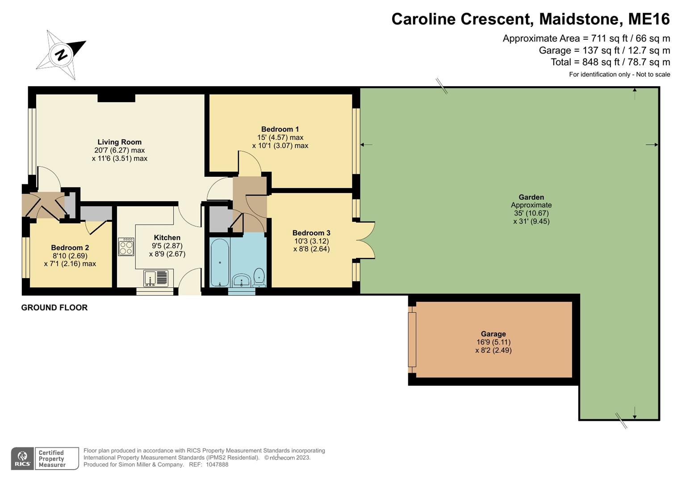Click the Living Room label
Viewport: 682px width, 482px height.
[119, 142]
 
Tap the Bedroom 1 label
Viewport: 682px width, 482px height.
[280, 129]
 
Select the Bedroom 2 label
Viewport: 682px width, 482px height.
[70, 248]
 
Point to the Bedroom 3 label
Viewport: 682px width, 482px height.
[311, 233]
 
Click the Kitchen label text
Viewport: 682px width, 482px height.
[167, 237]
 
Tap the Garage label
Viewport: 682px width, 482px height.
[493, 334]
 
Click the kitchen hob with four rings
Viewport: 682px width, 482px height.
[126, 247]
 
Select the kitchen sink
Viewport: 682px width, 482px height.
[156, 278]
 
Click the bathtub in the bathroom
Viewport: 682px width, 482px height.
[220, 262]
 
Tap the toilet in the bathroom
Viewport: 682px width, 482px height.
[259, 278]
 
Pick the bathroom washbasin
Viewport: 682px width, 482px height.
[242, 280]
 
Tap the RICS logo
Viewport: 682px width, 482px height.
[22, 459]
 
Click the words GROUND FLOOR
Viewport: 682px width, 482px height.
[54, 307]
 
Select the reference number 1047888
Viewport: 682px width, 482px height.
[217, 465]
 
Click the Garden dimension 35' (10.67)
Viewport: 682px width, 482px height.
[531, 213]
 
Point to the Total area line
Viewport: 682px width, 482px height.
[610, 62]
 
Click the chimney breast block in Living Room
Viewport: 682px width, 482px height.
[116, 98]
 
